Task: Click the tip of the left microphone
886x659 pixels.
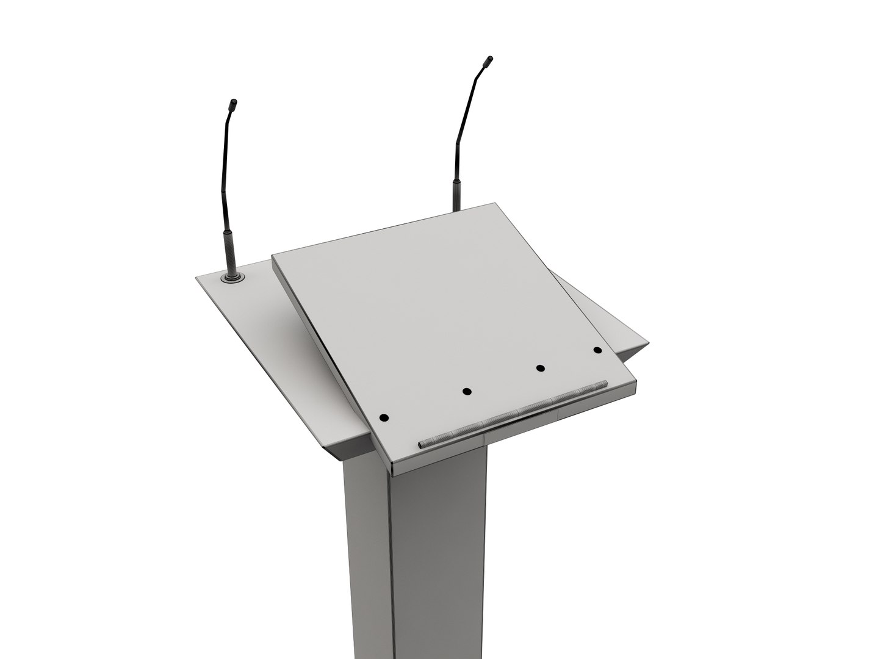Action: pos(233,104)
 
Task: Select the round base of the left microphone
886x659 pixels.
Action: pos(233,278)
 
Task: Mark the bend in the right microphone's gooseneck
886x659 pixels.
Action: pos(459,140)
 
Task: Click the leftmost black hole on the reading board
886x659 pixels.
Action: pos(384,418)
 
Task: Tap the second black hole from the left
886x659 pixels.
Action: pos(467,391)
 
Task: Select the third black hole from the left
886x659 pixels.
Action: pos(540,368)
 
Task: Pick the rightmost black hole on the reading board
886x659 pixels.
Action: pos(597,350)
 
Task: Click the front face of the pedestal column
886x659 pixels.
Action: pos(436,549)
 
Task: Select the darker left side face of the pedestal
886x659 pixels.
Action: pos(366,549)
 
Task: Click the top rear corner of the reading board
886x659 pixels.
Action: pos(493,205)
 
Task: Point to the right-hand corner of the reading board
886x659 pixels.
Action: pos(636,380)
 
